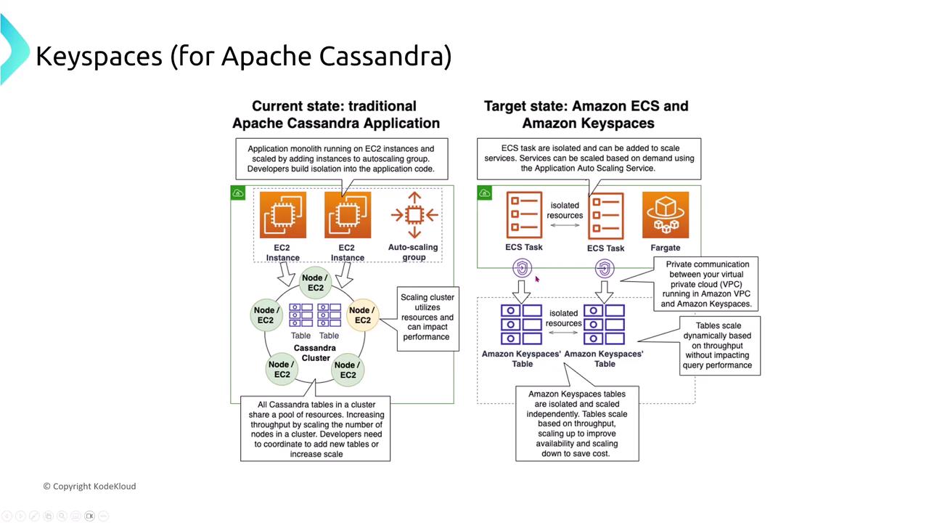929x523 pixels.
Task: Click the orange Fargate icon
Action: (666, 215)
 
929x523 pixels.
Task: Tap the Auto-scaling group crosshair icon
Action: (414, 214)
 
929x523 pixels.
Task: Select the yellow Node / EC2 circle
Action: (361, 315)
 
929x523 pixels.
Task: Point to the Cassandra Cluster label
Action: (315, 353)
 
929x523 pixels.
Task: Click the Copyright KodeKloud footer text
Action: (89, 486)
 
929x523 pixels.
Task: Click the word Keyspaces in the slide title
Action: (99, 56)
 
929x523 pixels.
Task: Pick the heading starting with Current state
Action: (335, 115)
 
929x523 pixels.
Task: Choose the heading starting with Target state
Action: (586, 115)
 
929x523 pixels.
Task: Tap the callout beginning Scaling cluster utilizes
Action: (427, 317)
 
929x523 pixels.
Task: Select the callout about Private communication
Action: (708, 284)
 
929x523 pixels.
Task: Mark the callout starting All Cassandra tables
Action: (315, 429)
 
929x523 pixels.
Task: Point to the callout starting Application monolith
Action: (341, 158)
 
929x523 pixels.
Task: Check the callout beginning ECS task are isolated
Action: (589, 158)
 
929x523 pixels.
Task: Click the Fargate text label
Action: (666, 248)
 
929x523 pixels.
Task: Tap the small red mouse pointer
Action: (537, 279)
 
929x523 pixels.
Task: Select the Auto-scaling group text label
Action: (413, 252)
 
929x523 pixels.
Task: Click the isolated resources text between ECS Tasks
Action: (565, 211)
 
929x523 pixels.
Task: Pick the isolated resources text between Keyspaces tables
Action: (564, 318)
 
